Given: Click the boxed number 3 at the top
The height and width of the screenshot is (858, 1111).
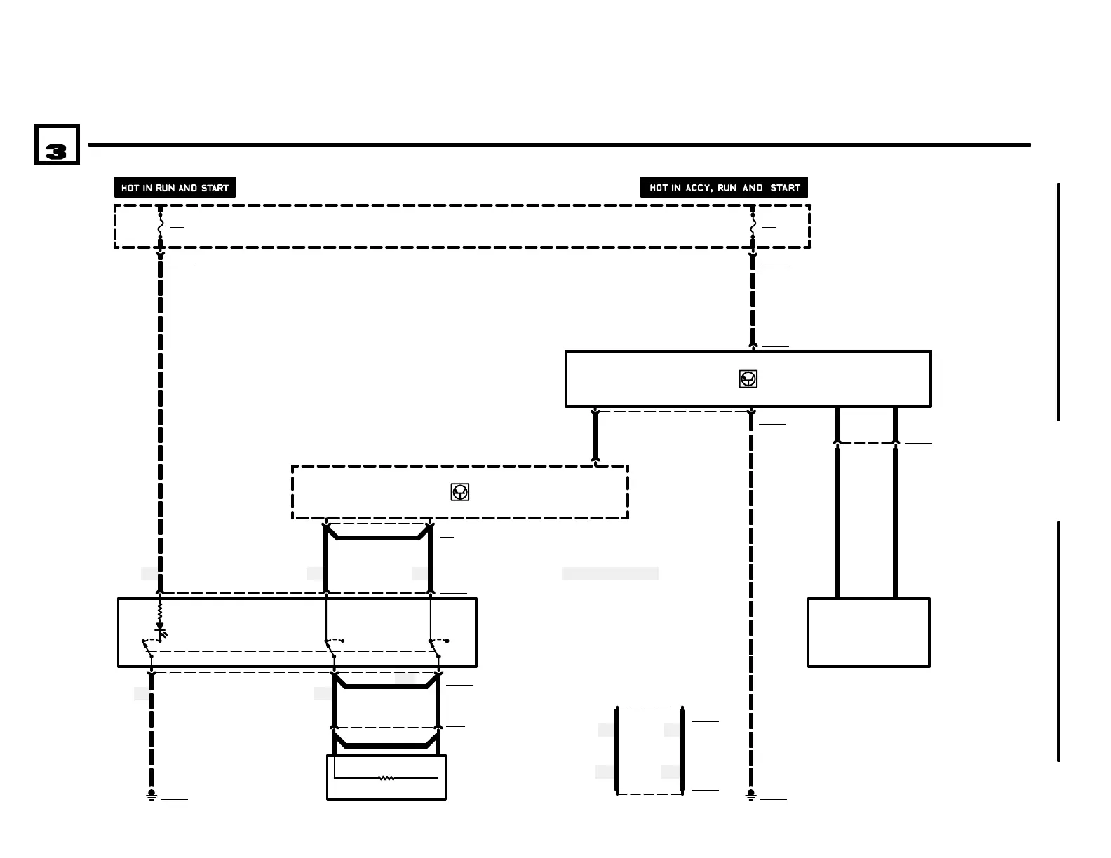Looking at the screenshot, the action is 57,146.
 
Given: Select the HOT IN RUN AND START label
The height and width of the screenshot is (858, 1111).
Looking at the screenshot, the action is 175,188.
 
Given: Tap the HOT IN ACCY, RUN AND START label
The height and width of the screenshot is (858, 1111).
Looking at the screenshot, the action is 724,188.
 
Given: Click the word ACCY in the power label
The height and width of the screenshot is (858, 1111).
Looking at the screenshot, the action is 698,188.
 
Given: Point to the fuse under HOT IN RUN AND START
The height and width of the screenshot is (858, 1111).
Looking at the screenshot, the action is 160,227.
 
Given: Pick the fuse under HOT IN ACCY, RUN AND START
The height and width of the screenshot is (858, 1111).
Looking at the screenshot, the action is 753,227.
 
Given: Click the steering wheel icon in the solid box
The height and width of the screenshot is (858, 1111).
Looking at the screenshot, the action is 748,379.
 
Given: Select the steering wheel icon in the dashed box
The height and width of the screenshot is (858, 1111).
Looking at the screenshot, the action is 459,492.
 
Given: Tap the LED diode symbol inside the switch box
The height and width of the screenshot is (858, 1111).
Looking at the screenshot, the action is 160,633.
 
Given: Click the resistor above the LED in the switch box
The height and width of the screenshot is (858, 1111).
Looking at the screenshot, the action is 160,612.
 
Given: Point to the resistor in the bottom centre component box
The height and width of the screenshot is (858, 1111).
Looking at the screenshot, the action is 386,777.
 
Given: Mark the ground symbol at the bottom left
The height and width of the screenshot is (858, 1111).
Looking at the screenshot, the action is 151,796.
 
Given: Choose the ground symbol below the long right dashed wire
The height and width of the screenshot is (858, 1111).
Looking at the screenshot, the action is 750,796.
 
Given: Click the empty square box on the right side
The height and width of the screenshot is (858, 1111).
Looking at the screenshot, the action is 868,632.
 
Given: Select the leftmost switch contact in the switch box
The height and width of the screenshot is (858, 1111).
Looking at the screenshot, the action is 148,647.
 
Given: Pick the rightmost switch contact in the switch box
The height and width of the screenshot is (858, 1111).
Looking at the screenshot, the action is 436,646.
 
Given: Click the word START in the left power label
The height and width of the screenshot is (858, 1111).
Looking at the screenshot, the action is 215,188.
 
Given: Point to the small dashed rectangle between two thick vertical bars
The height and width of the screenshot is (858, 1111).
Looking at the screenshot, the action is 649,750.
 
